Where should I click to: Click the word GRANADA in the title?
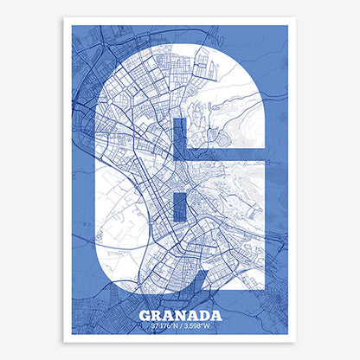click(x=180, y=315)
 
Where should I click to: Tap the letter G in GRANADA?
click(x=145, y=315)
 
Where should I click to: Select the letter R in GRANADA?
click(x=157, y=315)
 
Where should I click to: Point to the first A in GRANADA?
click(x=168, y=315)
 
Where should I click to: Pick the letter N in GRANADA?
click(x=180, y=315)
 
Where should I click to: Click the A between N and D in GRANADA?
click(x=192, y=315)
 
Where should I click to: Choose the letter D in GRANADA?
click(x=204, y=315)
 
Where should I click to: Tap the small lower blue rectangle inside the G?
click(x=180, y=205)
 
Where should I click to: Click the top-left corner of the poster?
click(x=64, y=18)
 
